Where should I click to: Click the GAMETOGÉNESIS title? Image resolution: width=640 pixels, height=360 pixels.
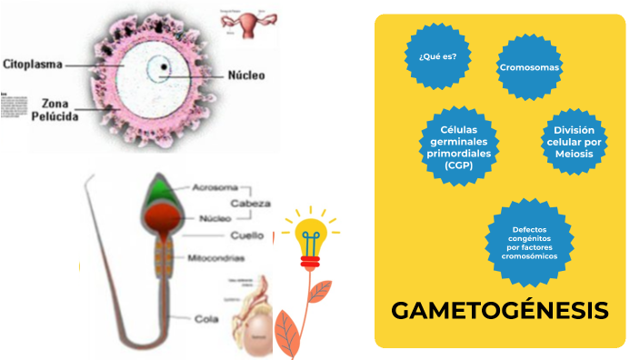click(x=500, y=310)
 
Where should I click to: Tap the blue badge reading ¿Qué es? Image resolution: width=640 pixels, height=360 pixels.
click(x=437, y=56)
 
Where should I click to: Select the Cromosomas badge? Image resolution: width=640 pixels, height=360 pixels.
click(x=529, y=68)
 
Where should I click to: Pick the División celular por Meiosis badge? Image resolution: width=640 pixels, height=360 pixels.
click(x=574, y=142)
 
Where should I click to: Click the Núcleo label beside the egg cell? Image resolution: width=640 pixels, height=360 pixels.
click(x=245, y=75)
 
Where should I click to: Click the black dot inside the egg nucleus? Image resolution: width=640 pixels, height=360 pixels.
click(x=164, y=67)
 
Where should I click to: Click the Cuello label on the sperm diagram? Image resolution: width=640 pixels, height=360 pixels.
click(x=246, y=235)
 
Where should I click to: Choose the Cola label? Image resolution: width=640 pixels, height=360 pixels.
click(x=205, y=319)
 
